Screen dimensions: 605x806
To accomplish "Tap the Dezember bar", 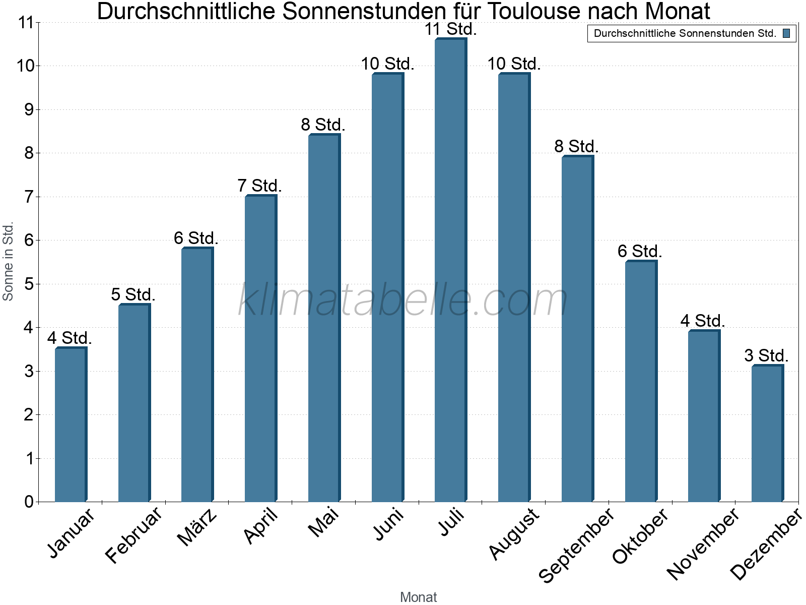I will point(767,433).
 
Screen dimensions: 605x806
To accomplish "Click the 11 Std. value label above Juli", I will point(450,29).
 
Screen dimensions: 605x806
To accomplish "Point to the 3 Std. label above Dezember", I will point(766,355).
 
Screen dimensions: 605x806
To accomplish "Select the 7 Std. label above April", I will point(259,186).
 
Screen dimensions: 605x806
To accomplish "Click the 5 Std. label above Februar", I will point(133,294).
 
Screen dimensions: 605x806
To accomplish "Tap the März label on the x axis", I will point(197,527).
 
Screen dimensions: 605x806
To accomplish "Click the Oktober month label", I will point(640,535).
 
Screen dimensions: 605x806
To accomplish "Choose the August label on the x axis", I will point(514,533).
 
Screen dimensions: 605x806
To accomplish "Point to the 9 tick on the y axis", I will point(28,109).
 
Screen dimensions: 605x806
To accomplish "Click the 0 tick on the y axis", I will point(28,502).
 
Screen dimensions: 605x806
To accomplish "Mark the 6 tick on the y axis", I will point(28,240).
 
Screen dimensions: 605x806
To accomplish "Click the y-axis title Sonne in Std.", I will point(8,261).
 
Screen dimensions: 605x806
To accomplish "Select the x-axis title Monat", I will point(418,597).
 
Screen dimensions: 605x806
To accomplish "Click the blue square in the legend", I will point(786,34).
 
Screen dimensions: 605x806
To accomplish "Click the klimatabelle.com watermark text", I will point(403,300).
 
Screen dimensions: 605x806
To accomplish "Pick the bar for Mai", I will point(324,318).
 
